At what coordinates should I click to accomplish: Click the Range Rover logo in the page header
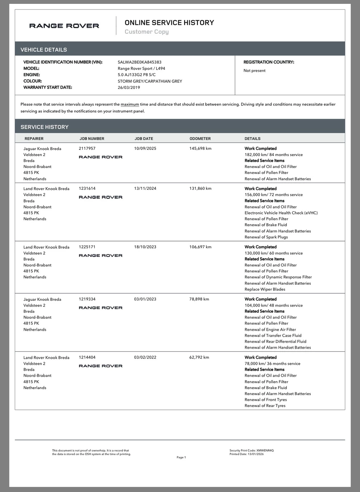click(64, 26)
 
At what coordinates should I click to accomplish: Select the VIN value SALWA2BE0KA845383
click(140, 62)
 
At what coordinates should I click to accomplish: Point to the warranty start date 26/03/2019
click(129, 88)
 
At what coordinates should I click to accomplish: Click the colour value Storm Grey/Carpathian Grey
click(150, 81)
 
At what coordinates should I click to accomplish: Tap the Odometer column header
click(200, 139)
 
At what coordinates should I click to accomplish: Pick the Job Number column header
click(92, 139)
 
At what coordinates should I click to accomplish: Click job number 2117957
click(87, 149)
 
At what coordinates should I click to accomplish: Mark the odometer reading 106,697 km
click(200, 247)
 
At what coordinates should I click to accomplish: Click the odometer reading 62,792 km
click(199, 357)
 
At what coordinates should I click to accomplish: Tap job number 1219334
click(87, 299)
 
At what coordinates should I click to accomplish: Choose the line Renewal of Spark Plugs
click(266, 237)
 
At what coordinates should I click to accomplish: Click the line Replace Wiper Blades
click(265, 290)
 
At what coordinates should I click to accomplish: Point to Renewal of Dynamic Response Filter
click(278, 277)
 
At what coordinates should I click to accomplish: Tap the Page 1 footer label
click(181, 458)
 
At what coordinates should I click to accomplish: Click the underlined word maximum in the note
click(130, 104)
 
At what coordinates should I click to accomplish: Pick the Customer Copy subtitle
click(147, 32)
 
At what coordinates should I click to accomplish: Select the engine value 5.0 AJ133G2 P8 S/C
click(136, 75)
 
